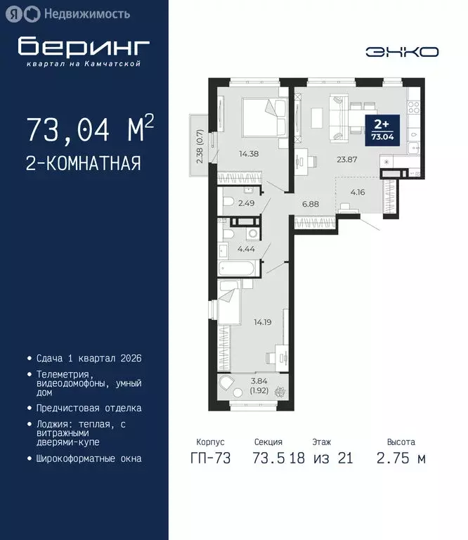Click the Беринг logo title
(84, 46)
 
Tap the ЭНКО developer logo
(403, 51)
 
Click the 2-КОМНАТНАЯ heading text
(83, 164)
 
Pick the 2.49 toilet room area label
(247, 204)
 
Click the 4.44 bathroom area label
(245, 248)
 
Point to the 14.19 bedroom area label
(263, 323)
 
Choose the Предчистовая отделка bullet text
(89, 408)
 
